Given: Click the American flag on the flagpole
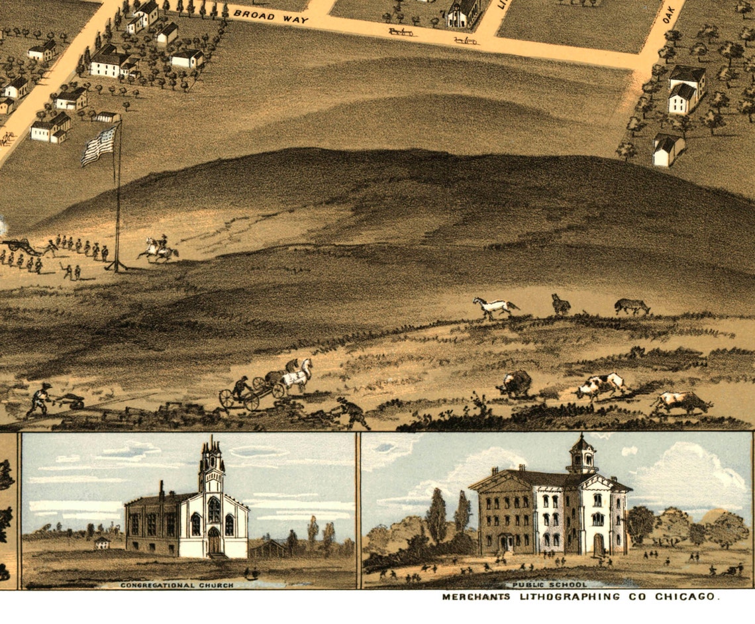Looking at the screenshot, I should pos(100,146).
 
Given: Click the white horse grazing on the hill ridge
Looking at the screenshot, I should pos(494,307).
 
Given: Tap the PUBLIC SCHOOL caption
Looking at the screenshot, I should pos(546,585).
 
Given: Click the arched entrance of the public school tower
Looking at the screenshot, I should pos(598,545).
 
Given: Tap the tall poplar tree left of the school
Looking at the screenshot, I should pos(436,517).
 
